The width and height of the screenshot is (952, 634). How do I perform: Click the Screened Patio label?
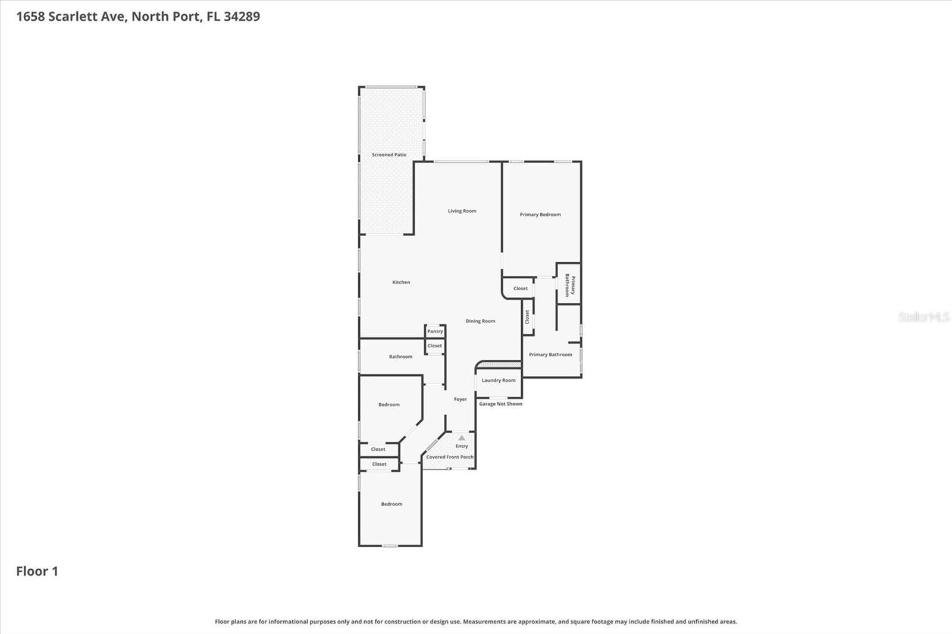[x=389, y=155]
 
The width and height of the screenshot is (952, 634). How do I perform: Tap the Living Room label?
[x=462, y=211]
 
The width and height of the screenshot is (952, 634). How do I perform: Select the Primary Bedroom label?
[x=540, y=215]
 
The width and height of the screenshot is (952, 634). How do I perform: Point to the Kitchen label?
[x=401, y=283]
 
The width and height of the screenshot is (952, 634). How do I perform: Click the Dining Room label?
[x=480, y=321]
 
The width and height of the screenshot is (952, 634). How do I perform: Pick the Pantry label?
[x=435, y=331]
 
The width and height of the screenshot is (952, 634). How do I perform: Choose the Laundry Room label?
[x=499, y=381]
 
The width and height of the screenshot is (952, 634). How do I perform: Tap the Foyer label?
[x=460, y=400]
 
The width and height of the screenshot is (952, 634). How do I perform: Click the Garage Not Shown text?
[x=500, y=404]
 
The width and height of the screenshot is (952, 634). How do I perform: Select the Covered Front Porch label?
[x=450, y=457]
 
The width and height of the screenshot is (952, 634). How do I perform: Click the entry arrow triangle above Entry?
[x=462, y=438]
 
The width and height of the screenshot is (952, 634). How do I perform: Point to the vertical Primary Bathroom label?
[x=569, y=285]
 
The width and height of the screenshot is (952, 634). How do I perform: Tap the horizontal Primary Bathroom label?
[x=550, y=354]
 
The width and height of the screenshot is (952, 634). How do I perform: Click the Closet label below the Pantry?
[x=434, y=346]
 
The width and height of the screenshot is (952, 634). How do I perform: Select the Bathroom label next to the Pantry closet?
[x=400, y=357]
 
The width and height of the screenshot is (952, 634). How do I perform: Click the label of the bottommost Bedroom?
[x=392, y=504]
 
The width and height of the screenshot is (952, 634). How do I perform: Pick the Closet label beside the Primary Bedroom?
[x=520, y=288]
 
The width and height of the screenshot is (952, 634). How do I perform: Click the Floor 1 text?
[x=37, y=572]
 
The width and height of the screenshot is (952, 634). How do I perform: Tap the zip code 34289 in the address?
[x=242, y=17]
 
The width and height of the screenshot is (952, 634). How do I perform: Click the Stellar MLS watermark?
[x=923, y=317]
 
